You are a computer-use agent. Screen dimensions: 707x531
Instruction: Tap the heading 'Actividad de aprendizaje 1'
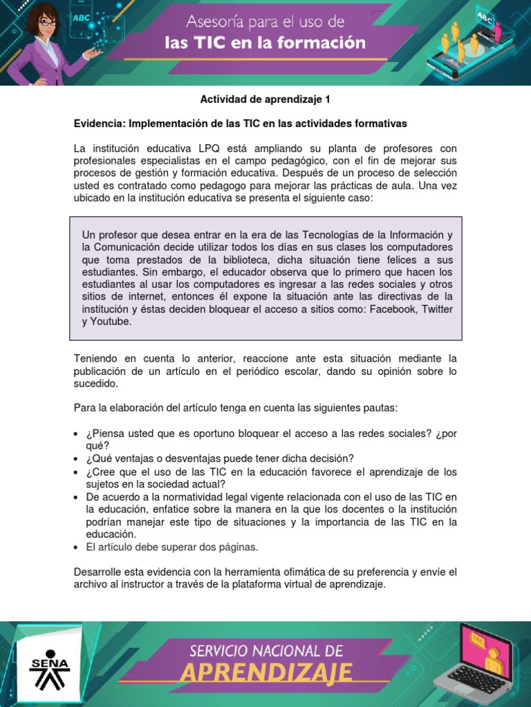tap(265, 99)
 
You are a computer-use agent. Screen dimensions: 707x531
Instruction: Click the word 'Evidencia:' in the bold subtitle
tap(98, 124)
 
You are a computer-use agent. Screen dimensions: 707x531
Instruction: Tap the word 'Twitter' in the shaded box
tap(437, 309)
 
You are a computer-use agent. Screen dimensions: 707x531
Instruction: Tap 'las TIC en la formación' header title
tap(265, 44)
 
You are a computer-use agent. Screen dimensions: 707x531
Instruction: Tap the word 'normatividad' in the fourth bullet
tap(187, 497)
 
